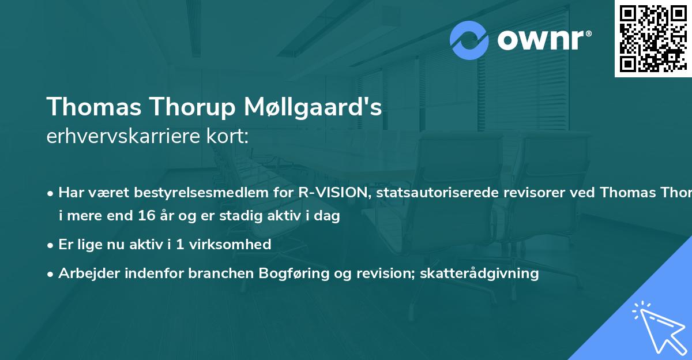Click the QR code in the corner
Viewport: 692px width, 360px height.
click(x=653, y=38)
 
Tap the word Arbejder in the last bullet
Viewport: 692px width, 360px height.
click(x=86, y=273)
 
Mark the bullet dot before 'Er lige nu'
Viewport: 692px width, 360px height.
click(x=51, y=245)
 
